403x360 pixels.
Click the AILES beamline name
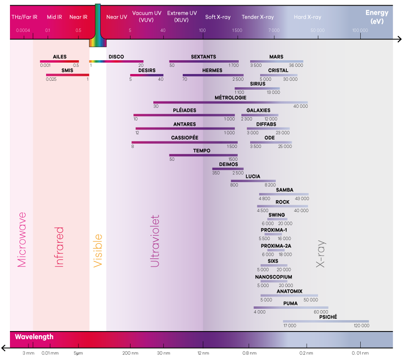click(60, 57)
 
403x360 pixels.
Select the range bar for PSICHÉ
click(326, 321)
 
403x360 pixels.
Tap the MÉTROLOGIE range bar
click(230, 102)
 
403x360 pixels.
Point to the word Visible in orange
click(98, 250)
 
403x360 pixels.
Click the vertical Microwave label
click(22, 240)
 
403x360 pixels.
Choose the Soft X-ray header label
click(218, 17)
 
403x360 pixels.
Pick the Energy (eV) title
click(377, 17)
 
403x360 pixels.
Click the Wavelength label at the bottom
click(34, 337)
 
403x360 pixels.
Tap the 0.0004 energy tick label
click(23, 30)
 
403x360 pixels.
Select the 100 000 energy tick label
click(360, 30)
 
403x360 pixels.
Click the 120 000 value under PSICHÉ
click(361, 326)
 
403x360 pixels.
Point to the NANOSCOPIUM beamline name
click(274, 277)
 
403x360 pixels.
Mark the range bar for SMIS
click(67, 75)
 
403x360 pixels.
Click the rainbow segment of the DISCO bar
click(98, 61)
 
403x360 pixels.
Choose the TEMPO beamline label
click(201, 151)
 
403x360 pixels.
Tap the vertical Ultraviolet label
click(155, 241)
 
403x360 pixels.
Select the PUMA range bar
click(291, 307)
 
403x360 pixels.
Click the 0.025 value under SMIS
click(51, 79)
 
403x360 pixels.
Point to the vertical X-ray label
click(321, 254)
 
